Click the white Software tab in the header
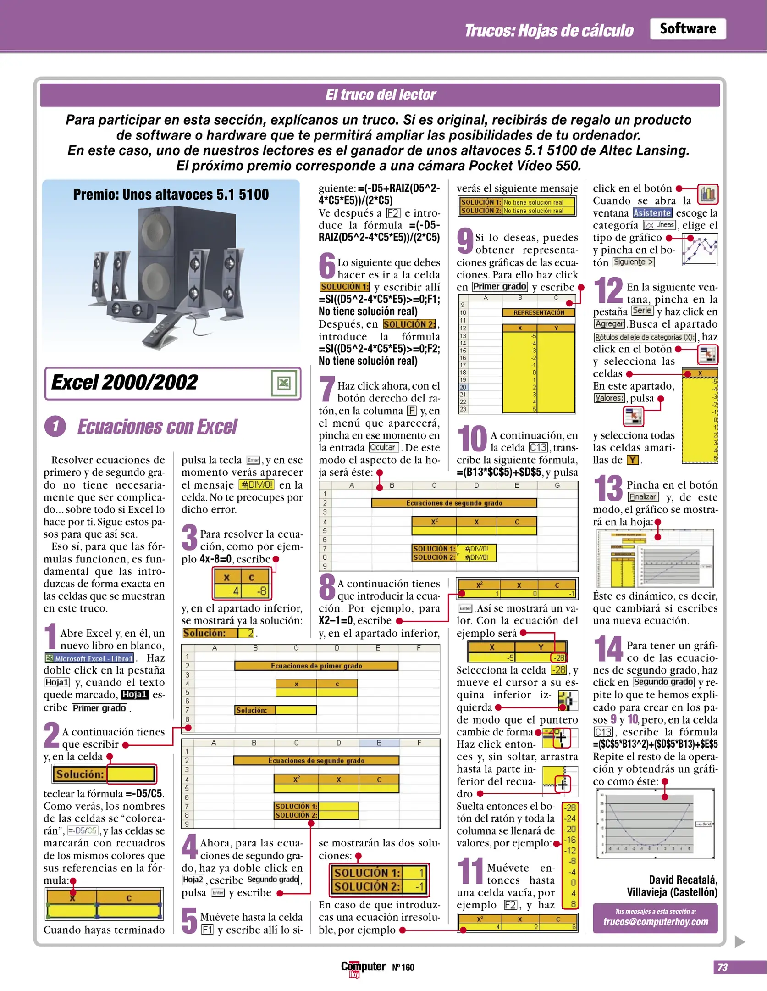click(x=687, y=29)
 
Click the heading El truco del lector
click(x=380, y=95)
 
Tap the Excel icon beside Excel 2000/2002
click(x=283, y=383)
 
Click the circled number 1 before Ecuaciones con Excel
click(x=55, y=426)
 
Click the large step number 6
click(x=327, y=266)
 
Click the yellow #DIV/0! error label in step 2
click(x=257, y=485)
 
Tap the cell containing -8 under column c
click(x=257, y=591)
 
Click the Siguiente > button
click(x=633, y=262)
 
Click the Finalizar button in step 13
click(x=642, y=497)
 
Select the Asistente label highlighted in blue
click(x=652, y=213)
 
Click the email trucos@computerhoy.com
click(x=655, y=922)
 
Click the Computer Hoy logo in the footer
click(x=363, y=967)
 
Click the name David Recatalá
click(x=683, y=880)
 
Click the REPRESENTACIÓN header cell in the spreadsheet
click(x=538, y=312)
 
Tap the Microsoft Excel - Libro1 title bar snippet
click(x=90, y=658)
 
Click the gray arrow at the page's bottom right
click(x=739, y=942)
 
